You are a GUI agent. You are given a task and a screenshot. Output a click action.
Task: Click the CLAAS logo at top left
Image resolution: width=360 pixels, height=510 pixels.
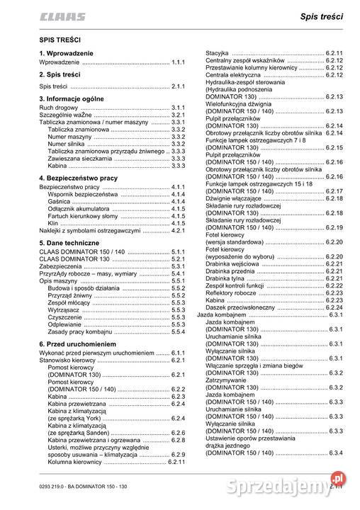point(62,16)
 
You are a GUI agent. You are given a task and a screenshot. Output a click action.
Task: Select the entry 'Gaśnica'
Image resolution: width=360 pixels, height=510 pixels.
point(60,201)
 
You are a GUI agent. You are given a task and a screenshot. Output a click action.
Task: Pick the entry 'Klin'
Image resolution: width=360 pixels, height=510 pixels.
point(53,223)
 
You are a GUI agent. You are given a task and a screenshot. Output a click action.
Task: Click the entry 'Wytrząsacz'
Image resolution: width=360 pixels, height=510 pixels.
point(64,310)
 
